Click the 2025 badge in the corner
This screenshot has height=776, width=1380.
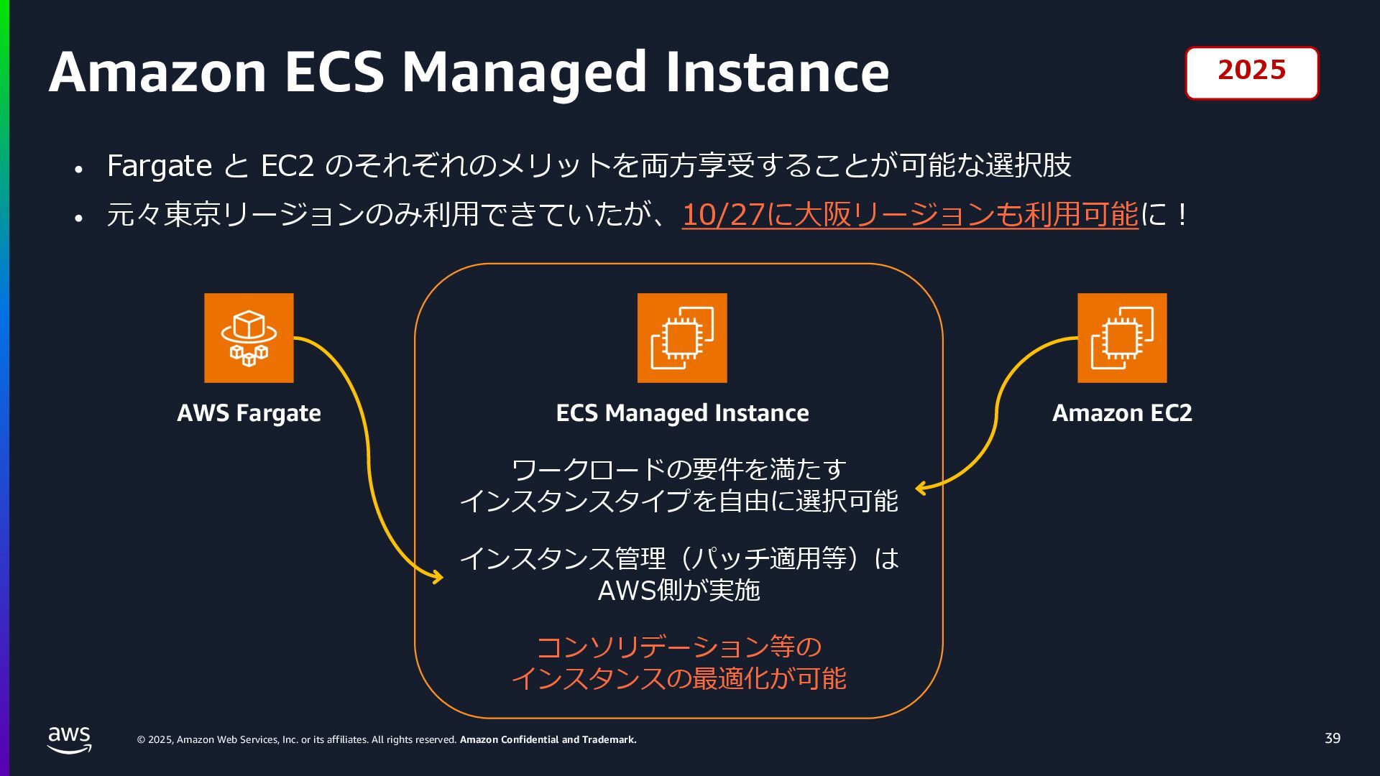(x=1251, y=73)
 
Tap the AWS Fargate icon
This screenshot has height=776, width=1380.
(x=249, y=338)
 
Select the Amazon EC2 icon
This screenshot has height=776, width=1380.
(x=1121, y=338)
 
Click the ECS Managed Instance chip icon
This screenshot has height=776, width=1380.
(x=682, y=338)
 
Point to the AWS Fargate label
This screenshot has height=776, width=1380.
(x=249, y=413)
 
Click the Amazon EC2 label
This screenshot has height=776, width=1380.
(x=1121, y=413)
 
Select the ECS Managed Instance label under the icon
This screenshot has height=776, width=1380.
(x=682, y=413)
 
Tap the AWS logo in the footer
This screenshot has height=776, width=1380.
(x=70, y=739)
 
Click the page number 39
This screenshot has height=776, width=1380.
(x=1332, y=739)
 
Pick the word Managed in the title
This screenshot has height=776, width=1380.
(x=524, y=73)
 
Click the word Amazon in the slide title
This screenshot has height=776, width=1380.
(x=157, y=73)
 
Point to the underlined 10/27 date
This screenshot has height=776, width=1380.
(x=722, y=215)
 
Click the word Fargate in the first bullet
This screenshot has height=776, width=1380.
(x=159, y=166)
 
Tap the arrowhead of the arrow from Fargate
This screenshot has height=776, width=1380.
(x=438, y=576)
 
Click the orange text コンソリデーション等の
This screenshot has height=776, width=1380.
(x=678, y=647)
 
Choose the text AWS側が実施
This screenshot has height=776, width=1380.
(x=678, y=590)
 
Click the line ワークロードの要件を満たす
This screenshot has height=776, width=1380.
(x=678, y=469)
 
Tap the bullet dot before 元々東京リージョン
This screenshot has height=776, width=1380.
(x=79, y=217)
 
